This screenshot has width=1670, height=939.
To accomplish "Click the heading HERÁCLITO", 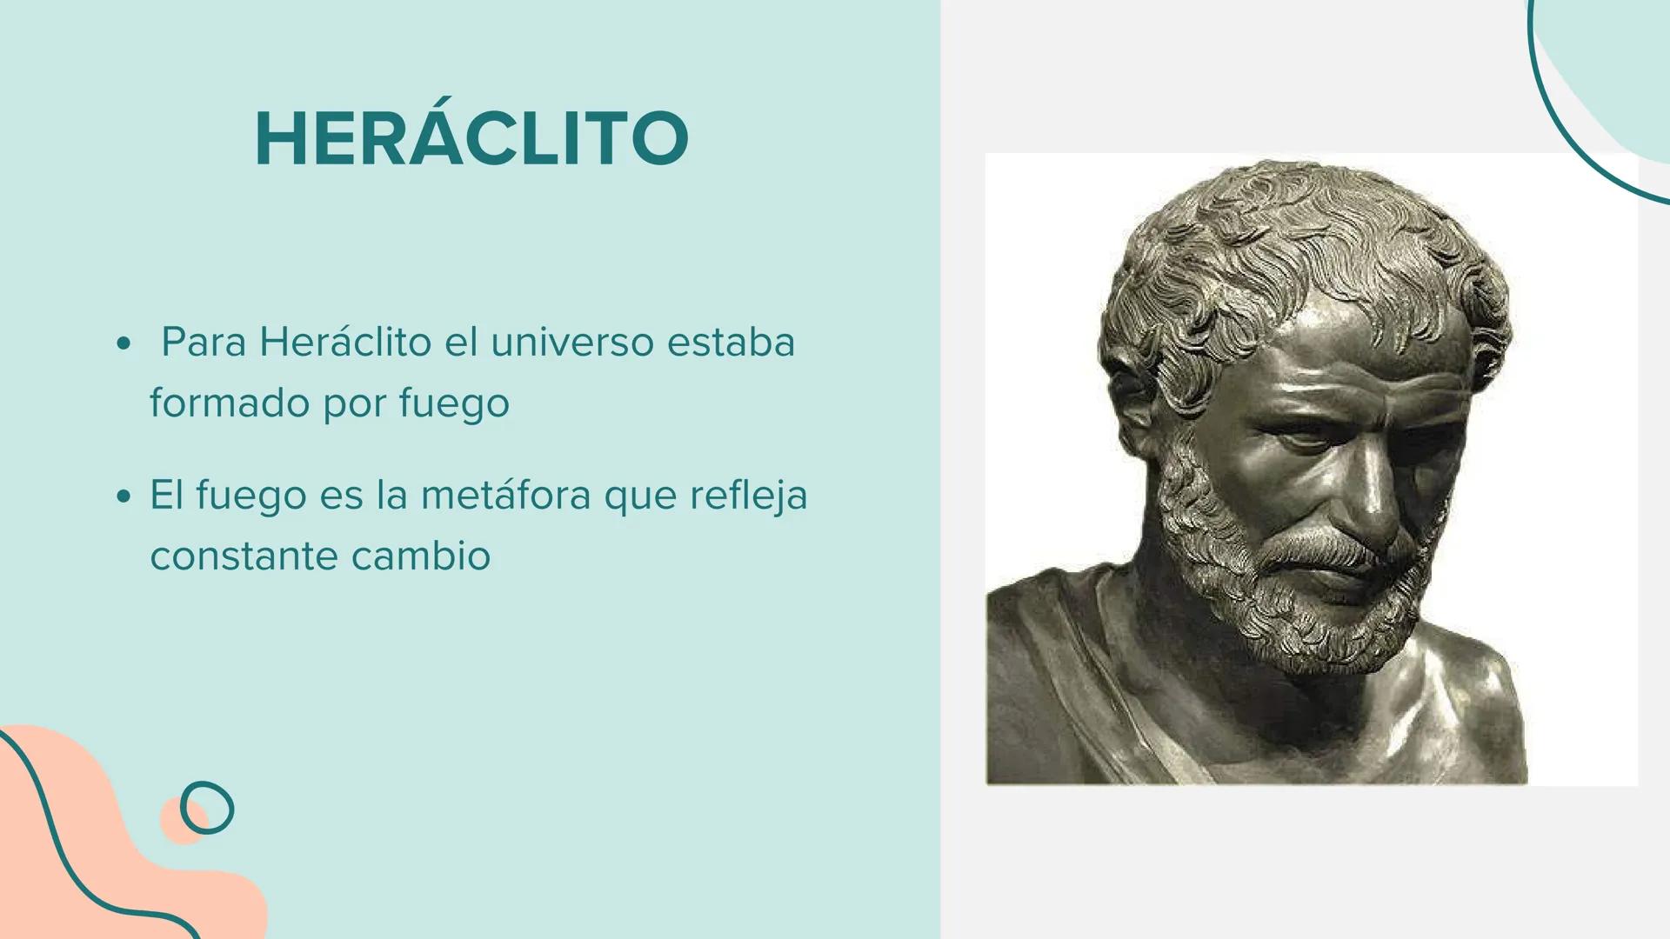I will click(471, 139).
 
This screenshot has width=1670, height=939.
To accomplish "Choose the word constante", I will click(243, 556).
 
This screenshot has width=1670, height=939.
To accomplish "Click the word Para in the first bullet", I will click(204, 342).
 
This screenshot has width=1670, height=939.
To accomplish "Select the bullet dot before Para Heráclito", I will click(124, 344).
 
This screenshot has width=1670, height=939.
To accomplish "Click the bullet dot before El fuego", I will click(124, 497).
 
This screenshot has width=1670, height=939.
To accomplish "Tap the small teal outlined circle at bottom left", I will click(207, 808).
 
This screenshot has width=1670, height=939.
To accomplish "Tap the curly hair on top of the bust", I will click(1305, 226).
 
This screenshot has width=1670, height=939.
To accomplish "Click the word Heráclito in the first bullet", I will click(345, 342).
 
